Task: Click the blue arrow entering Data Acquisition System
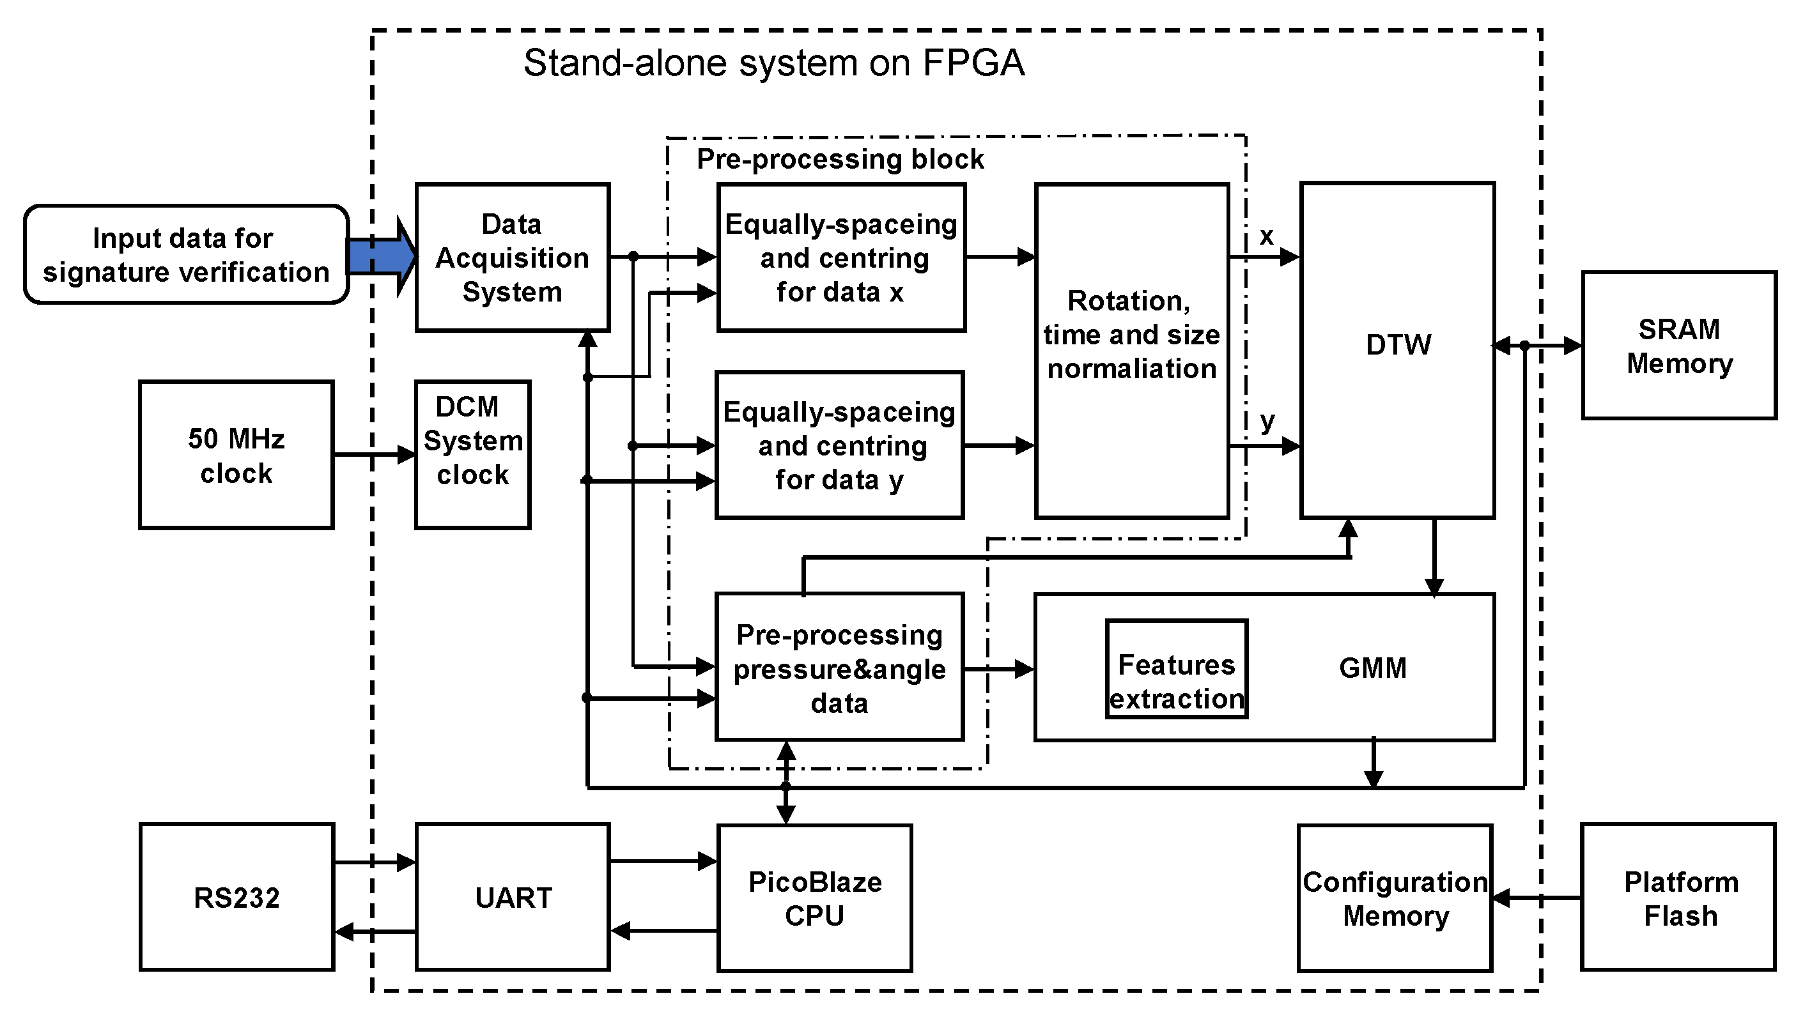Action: point(380,257)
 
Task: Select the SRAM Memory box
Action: point(1678,346)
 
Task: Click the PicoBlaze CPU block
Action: point(814,898)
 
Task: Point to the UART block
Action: point(513,898)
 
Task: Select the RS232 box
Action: point(236,898)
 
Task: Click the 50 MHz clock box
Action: point(236,455)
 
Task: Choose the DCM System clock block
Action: point(473,455)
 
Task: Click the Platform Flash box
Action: point(1678,898)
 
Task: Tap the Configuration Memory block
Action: point(1395,898)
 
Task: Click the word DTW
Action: point(1398,345)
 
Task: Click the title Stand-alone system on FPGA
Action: point(773,63)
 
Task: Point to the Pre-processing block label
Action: point(840,160)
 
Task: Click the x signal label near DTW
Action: point(1266,236)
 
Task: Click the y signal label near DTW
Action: point(1267,422)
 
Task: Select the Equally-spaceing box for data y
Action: point(839,445)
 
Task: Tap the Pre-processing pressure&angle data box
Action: point(839,668)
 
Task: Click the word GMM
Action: point(1372,668)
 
